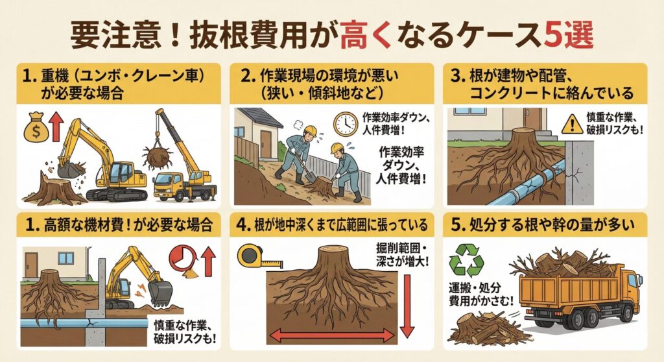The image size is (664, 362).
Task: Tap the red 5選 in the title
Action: (x=568, y=36)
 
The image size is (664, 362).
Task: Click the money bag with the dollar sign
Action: (x=36, y=127)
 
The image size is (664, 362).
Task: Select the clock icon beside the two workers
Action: (x=345, y=124)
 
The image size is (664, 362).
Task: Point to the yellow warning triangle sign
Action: (x=572, y=124)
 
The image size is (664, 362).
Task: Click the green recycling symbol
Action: (x=466, y=260)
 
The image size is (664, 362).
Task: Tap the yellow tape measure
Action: (x=259, y=257)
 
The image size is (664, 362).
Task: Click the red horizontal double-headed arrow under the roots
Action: (x=333, y=335)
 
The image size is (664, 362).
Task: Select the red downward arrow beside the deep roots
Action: (x=406, y=306)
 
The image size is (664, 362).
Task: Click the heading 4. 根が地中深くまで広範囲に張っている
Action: (x=332, y=225)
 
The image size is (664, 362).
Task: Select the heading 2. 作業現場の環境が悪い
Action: (x=319, y=77)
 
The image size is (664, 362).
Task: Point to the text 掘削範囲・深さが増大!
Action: (x=402, y=254)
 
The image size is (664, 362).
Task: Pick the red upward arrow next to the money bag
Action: (x=56, y=128)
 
